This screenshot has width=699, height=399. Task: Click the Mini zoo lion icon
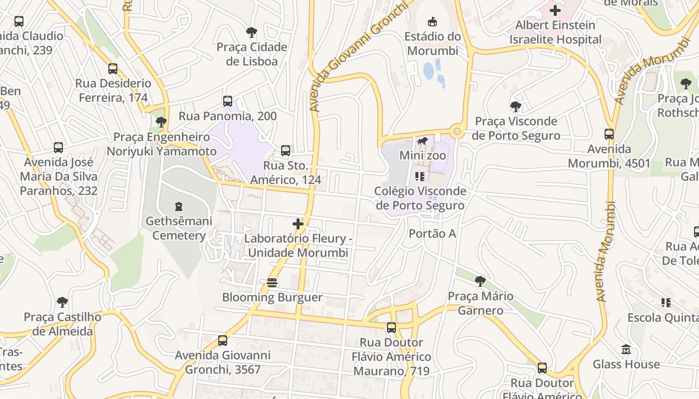(422, 141)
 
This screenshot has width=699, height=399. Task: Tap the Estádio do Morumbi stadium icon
(432, 21)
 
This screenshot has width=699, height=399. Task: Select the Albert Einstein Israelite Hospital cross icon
(555, 10)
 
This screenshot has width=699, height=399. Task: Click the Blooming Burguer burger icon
(272, 283)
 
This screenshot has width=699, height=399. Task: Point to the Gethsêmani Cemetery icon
(178, 206)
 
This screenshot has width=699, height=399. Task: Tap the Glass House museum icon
(626, 350)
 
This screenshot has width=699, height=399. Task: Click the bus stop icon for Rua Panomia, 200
(228, 101)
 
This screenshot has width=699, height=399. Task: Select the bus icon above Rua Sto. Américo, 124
(286, 150)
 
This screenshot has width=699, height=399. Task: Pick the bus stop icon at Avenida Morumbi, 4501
(609, 134)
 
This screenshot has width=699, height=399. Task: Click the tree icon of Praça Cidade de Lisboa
(252, 32)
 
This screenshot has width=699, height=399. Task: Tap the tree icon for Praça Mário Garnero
(480, 281)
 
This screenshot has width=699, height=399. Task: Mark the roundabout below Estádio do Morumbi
(456, 132)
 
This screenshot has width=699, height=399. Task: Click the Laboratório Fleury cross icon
(298, 224)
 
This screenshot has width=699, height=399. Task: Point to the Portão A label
(432, 233)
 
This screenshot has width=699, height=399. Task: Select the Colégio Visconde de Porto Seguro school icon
(419, 176)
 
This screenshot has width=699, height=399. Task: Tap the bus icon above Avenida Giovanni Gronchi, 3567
(223, 341)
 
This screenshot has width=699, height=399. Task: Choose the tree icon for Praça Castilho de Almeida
(62, 302)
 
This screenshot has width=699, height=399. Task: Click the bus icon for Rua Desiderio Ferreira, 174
(113, 69)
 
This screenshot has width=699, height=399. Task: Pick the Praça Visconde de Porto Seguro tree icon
(516, 106)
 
